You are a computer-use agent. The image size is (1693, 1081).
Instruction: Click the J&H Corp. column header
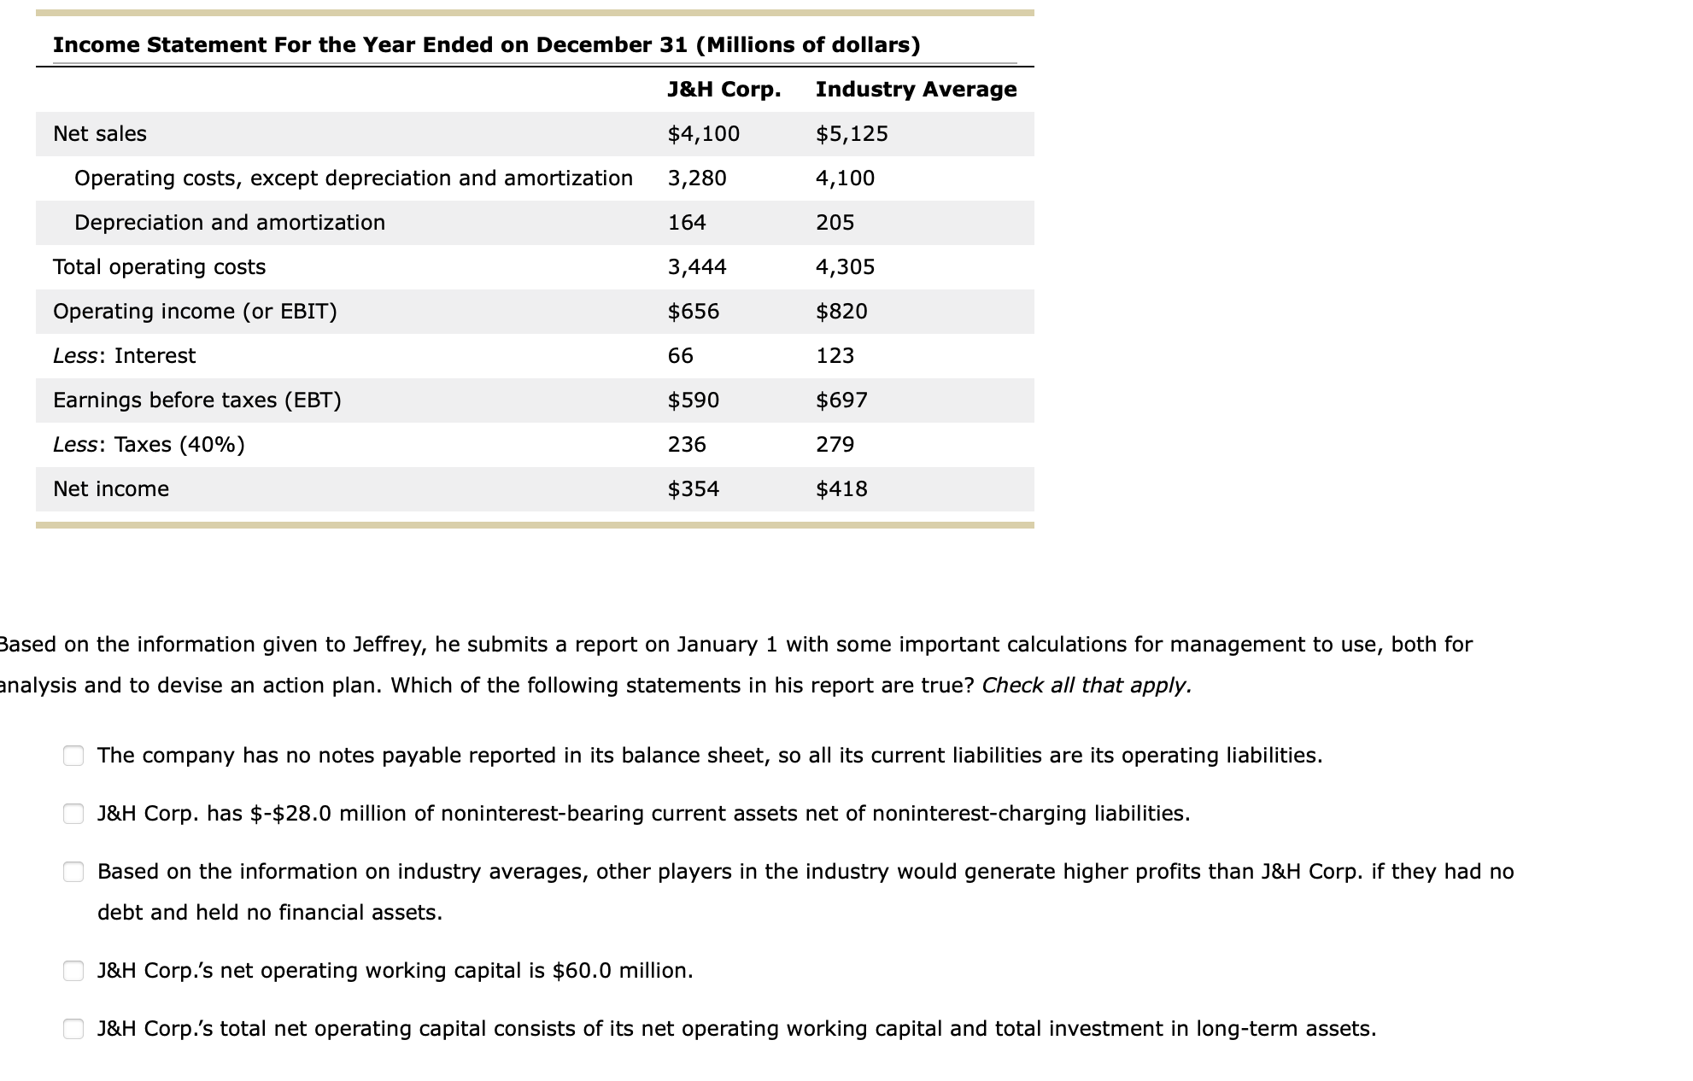(x=723, y=90)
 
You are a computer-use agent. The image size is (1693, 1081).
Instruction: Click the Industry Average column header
(x=916, y=90)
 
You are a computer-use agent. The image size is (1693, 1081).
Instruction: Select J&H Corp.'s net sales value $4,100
(x=703, y=134)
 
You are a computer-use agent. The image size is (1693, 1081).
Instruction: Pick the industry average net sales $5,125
(x=852, y=134)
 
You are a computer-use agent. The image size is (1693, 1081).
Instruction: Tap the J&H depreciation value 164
(x=687, y=223)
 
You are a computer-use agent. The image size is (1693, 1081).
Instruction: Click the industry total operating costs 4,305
(x=845, y=267)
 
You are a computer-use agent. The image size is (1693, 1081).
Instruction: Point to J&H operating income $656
(x=693, y=312)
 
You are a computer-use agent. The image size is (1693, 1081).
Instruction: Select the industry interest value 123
(x=835, y=356)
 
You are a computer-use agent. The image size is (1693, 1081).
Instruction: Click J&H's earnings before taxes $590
(x=693, y=400)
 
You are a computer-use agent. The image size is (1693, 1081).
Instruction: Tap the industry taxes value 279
(x=835, y=445)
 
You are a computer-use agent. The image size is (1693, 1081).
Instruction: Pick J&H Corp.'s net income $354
(x=693, y=489)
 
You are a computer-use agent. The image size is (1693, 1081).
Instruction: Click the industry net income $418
(x=841, y=489)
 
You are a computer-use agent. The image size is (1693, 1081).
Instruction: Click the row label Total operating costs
(x=159, y=267)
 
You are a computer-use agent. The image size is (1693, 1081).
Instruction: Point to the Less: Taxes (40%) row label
(x=149, y=445)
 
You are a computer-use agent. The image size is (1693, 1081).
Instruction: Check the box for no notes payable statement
(x=73, y=756)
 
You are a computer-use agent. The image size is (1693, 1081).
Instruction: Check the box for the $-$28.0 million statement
(x=73, y=814)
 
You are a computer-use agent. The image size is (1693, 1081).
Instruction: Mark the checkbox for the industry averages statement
(x=73, y=872)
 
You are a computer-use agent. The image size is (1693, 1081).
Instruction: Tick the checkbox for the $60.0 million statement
(x=73, y=971)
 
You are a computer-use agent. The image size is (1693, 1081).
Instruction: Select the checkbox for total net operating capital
(x=73, y=1029)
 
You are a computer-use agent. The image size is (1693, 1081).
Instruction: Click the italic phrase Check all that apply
(x=1086, y=686)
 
